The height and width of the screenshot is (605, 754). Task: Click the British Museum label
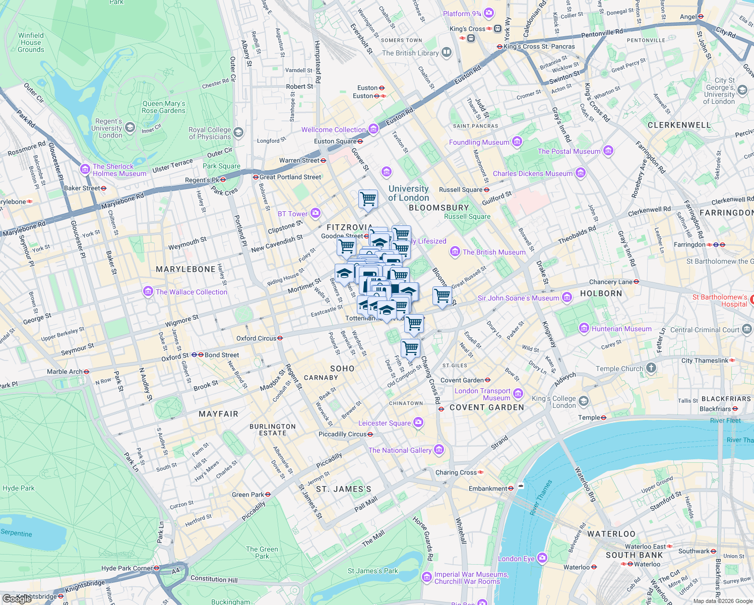click(494, 252)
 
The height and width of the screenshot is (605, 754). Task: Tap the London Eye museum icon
click(542, 558)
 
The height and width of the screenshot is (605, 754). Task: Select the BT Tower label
click(292, 214)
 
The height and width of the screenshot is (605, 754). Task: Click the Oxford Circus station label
click(257, 338)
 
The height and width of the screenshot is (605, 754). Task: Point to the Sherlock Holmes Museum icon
click(85, 168)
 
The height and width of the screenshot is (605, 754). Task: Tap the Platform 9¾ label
click(462, 14)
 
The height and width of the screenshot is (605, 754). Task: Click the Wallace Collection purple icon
click(148, 291)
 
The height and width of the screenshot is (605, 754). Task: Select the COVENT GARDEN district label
click(486, 407)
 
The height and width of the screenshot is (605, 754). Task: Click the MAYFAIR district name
click(218, 414)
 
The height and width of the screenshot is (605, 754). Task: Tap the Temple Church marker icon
click(651, 368)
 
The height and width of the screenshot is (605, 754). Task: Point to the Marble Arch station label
click(65, 372)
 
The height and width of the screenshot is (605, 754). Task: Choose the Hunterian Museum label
click(621, 329)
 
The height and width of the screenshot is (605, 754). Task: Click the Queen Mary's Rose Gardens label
click(163, 107)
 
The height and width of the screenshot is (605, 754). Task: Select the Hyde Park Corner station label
click(127, 568)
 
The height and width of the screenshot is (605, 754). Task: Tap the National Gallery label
click(400, 450)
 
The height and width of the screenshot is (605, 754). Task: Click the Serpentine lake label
click(16, 533)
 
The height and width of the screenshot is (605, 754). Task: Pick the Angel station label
click(688, 17)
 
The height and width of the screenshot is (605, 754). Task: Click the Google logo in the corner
click(17, 598)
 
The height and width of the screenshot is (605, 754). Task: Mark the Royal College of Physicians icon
click(238, 133)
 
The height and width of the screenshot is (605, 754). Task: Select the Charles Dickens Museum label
click(533, 173)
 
